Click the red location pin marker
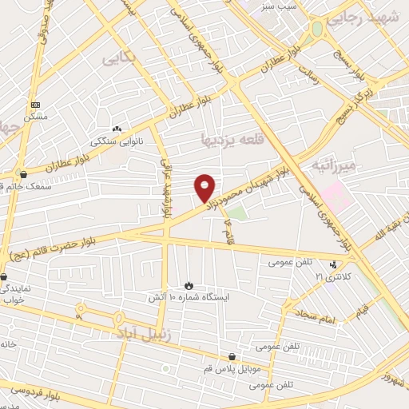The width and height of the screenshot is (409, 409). point(205,187)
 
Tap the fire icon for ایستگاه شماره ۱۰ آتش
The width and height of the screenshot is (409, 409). point(189,285)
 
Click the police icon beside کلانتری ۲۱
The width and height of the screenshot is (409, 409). point(335,264)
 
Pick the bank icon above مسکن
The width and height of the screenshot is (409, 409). point(35,105)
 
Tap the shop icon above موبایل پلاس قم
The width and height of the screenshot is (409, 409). point(232,357)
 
